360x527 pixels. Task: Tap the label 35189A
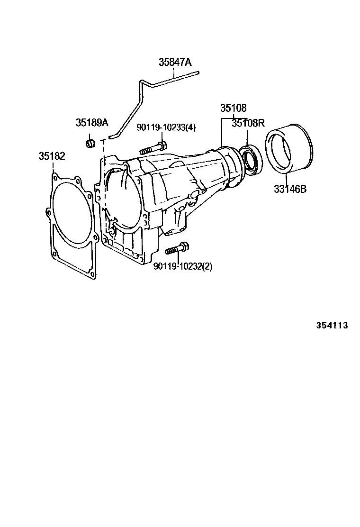92,123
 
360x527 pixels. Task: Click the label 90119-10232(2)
183,266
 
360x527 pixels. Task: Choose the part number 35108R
247,123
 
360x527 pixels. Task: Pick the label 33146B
290,190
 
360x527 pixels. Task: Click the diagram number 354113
332,326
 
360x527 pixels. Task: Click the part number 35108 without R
233,108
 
